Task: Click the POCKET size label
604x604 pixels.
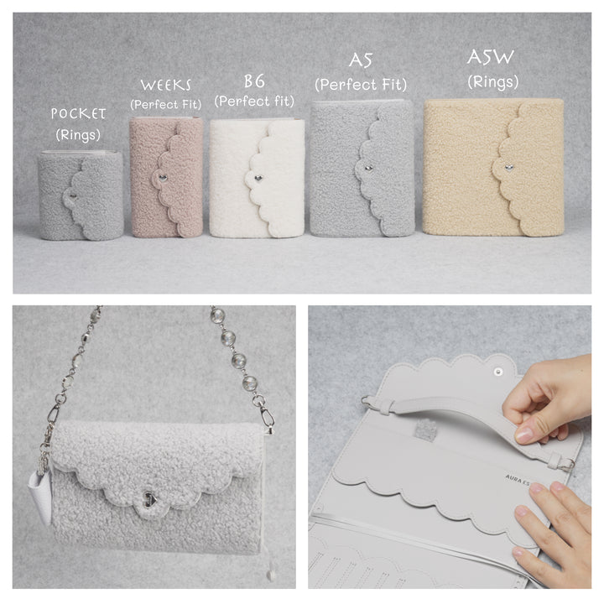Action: pyautogui.click(x=78, y=113)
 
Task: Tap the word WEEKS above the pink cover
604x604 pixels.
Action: pyautogui.click(x=165, y=85)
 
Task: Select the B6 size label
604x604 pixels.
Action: pyautogui.click(x=255, y=81)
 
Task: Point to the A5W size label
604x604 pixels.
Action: pyautogui.click(x=491, y=57)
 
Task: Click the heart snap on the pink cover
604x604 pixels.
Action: pyautogui.click(x=163, y=178)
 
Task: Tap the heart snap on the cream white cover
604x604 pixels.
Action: pyautogui.click(x=258, y=179)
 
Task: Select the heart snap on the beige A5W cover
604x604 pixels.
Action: pyautogui.click(x=508, y=167)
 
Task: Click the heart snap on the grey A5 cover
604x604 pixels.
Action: pyautogui.click(x=368, y=168)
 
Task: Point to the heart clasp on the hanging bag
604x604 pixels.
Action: pyautogui.click(x=150, y=499)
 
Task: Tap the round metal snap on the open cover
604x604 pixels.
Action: pyautogui.click(x=498, y=372)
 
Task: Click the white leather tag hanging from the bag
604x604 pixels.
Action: pyautogui.click(x=40, y=496)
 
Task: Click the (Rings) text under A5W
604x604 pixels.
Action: pyautogui.click(x=493, y=82)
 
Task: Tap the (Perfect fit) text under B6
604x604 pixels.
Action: pyautogui.click(x=254, y=102)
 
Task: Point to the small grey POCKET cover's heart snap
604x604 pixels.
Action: pyautogui.click(x=72, y=196)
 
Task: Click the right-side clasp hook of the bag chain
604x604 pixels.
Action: pyautogui.click(x=268, y=420)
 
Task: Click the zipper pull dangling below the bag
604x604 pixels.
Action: pyautogui.click(x=271, y=574)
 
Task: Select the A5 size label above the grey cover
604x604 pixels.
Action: pyautogui.click(x=361, y=60)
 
